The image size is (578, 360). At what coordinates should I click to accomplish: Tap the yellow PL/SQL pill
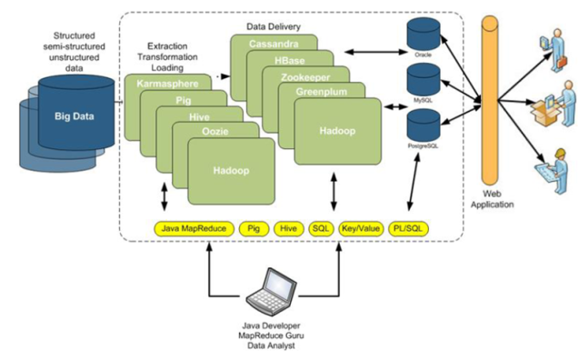pyautogui.click(x=407, y=228)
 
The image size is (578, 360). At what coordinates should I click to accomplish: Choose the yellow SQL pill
pyautogui.click(x=320, y=228)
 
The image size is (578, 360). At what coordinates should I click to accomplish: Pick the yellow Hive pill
pyautogui.click(x=288, y=228)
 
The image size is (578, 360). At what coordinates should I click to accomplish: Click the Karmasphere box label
pyautogui.click(x=165, y=84)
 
